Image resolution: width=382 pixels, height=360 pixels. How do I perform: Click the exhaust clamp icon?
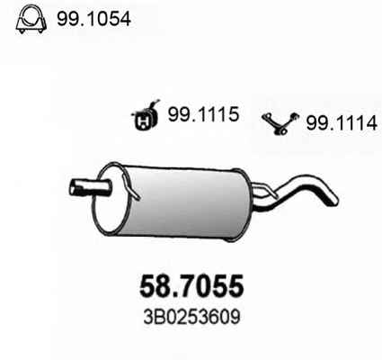tap(31, 19)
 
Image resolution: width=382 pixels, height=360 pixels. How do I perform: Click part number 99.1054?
tap(93, 19)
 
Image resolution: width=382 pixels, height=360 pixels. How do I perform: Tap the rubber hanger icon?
tap(145, 116)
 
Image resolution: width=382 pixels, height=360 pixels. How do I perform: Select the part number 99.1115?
tap(203, 114)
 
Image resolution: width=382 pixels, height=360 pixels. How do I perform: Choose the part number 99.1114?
tap(342, 123)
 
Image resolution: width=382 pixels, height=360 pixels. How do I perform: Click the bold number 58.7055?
tap(191, 285)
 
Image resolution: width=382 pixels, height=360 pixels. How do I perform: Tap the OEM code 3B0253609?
tap(191, 317)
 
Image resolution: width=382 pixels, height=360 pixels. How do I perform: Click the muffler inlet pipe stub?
tap(89, 187)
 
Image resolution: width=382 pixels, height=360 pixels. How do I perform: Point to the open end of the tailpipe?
tap(333, 201)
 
